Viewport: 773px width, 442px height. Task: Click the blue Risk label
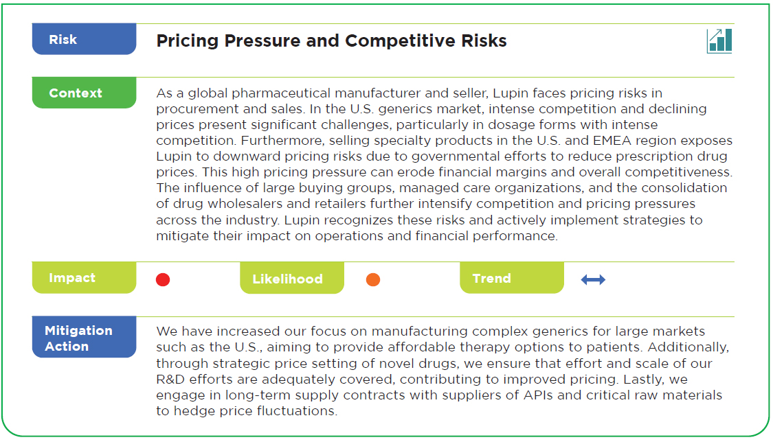click(x=84, y=39)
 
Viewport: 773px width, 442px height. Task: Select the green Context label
click(x=84, y=93)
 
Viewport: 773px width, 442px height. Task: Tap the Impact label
click(x=84, y=277)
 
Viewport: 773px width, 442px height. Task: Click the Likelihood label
click(x=292, y=278)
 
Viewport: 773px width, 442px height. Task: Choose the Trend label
click(x=512, y=278)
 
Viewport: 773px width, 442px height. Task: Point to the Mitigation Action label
click(x=84, y=337)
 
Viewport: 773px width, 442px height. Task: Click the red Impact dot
click(x=163, y=279)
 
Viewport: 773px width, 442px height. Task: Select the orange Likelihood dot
click(x=373, y=279)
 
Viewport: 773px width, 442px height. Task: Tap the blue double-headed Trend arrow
click(x=593, y=279)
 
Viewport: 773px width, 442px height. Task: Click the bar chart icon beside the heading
click(x=719, y=40)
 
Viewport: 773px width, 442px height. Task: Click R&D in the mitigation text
click(x=170, y=379)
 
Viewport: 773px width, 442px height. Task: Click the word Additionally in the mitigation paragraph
click(x=688, y=347)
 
